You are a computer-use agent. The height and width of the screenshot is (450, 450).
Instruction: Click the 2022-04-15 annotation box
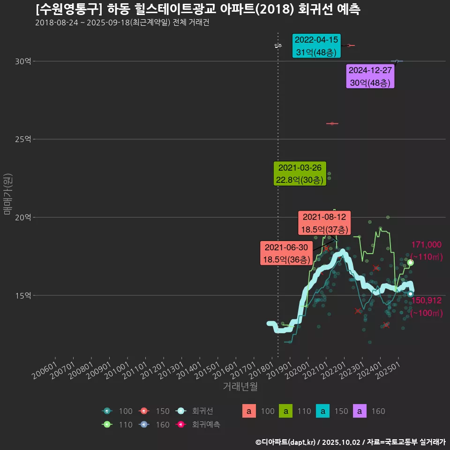click(x=316, y=46)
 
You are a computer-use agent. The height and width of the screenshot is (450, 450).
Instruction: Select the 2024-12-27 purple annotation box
click(x=371, y=76)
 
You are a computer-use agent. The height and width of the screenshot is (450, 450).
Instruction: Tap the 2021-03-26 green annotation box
click(x=300, y=174)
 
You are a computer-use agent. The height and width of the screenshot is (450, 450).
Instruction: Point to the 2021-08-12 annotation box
click(x=324, y=223)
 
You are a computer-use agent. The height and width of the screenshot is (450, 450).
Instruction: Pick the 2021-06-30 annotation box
click(x=286, y=253)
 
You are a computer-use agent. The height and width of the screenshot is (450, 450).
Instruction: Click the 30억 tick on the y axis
click(x=23, y=61)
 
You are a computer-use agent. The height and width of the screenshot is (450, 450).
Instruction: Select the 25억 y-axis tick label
click(x=23, y=139)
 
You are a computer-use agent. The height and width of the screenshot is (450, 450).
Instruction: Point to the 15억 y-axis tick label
click(x=23, y=295)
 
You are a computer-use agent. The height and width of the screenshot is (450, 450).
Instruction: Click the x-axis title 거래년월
click(x=240, y=387)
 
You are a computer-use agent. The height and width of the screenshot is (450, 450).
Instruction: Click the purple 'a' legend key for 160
click(x=360, y=411)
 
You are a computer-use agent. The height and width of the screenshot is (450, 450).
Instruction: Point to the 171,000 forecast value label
click(x=426, y=245)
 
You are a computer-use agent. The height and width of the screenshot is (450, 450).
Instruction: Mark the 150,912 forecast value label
click(x=426, y=300)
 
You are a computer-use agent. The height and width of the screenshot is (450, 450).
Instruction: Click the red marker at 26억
click(x=332, y=123)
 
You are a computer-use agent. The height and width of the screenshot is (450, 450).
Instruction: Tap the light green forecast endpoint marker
click(x=410, y=262)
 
